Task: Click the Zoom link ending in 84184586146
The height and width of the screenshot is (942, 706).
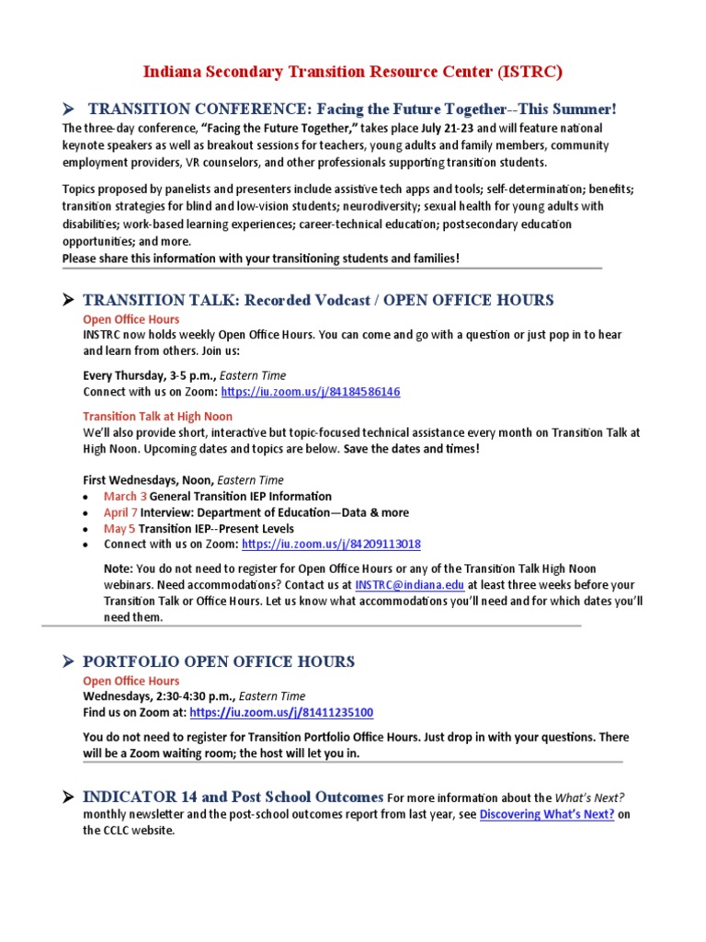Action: [311, 392]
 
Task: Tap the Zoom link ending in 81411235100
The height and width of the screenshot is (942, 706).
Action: [281, 713]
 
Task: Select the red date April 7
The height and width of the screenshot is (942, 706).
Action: [120, 512]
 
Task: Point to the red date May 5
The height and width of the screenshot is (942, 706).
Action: [120, 529]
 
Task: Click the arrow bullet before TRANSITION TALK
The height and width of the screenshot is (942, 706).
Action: [68, 300]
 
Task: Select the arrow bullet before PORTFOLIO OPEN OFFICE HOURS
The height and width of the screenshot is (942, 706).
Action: [68, 661]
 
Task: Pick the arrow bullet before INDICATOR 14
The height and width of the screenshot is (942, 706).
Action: [68, 797]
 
